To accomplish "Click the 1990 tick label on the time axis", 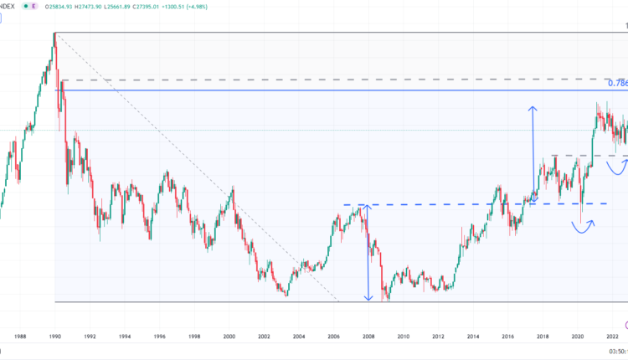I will (x=54, y=337).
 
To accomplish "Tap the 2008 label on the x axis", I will (x=368, y=337).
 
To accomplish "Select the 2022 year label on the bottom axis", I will (x=612, y=337).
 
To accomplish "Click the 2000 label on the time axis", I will (x=229, y=337).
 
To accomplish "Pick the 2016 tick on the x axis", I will (x=507, y=337).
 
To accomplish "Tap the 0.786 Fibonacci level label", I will (x=617, y=83).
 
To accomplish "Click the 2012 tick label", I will (x=438, y=337).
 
